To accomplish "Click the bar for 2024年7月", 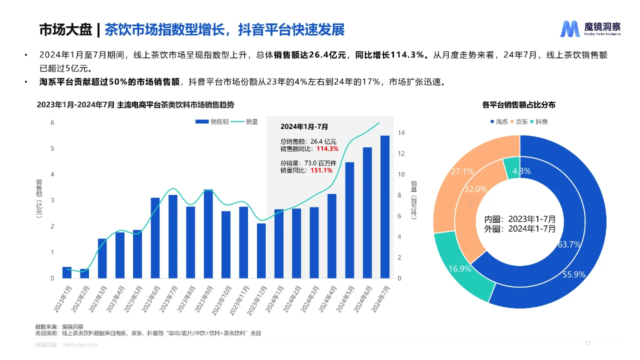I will click(x=384, y=207).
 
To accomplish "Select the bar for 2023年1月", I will click(x=67, y=272).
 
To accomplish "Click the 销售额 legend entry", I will click(x=212, y=121).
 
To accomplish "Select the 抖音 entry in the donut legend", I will click(x=538, y=121).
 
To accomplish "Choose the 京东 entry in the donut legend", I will click(x=518, y=121).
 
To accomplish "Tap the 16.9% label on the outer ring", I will click(x=459, y=269).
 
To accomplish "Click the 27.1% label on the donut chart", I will click(x=462, y=171).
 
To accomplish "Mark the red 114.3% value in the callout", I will click(x=327, y=148).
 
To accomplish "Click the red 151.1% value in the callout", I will click(x=321, y=170).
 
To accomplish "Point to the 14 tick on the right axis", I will click(x=401, y=133).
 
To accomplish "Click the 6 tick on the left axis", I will click(x=52, y=122).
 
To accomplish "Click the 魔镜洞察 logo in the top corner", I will click(x=590, y=28).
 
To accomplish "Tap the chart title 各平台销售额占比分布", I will click(x=518, y=105).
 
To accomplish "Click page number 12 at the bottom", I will click(x=588, y=343).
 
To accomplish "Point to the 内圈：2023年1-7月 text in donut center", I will click(x=519, y=219).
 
